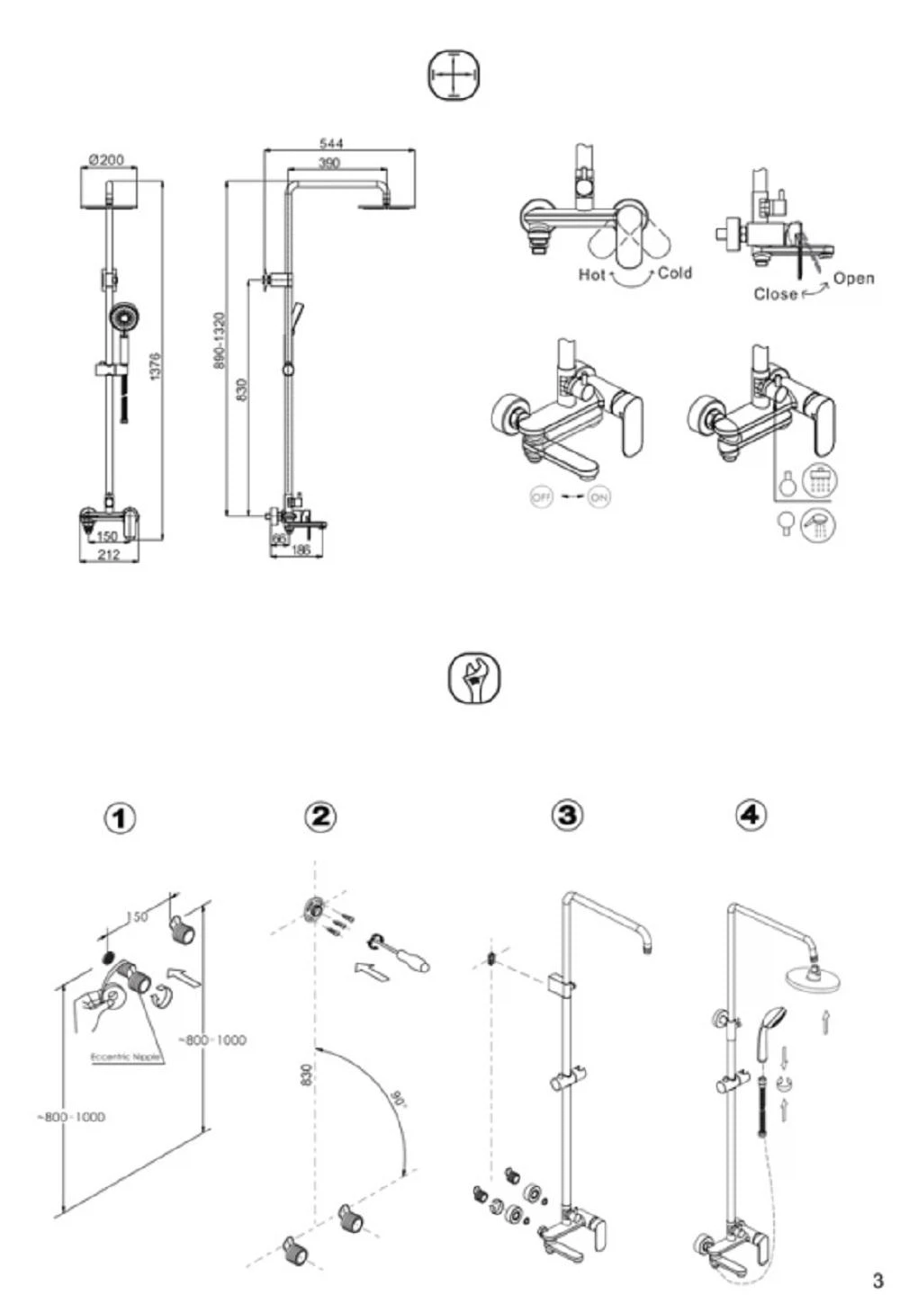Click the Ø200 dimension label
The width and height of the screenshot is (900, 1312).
(x=107, y=160)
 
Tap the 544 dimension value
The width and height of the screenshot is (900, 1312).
(x=331, y=144)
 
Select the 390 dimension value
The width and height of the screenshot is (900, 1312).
(x=329, y=163)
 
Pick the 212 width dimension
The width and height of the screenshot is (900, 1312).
(x=108, y=555)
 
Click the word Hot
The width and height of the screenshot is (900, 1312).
(x=591, y=274)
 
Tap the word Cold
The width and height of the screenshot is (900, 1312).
(x=675, y=272)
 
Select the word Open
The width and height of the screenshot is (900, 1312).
(x=853, y=278)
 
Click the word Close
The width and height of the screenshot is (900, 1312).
(x=775, y=294)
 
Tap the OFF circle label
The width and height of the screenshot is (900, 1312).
(x=541, y=496)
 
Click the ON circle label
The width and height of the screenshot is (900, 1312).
(x=598, y=496)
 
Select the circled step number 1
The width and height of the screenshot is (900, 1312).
(x=121, y=818)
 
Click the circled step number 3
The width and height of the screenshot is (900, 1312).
(x=566, y=815)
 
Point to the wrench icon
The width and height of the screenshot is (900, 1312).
(x=473, y=680)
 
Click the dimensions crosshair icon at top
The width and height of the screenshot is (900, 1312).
(x=453, y=74)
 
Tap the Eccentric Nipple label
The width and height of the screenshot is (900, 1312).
(x=126, y=1057)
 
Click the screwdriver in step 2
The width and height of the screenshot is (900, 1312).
(x=400, y=956)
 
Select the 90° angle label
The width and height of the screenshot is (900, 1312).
(x=396, y=1099)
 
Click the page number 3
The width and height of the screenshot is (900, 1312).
(x=877, y=1281)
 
